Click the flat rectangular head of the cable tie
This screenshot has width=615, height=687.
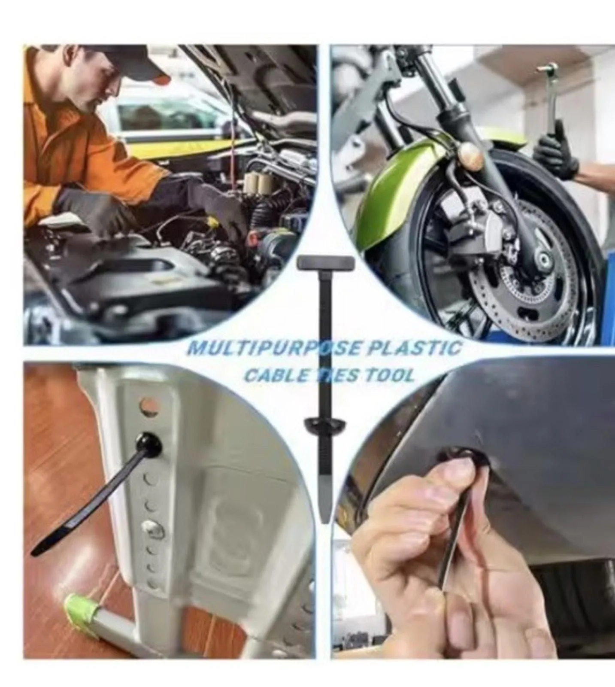(326, 263)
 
